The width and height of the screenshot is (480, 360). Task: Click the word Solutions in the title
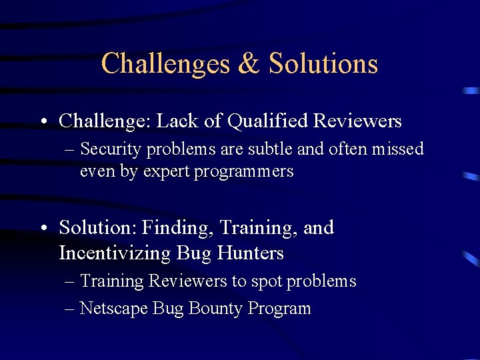coord(323,64)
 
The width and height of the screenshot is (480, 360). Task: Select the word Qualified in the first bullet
coord(268,121)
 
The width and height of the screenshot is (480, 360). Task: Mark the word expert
coord(165,172)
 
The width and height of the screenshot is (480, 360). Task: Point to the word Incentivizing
coord(115,253)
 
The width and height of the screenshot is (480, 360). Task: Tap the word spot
coord(266,282)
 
